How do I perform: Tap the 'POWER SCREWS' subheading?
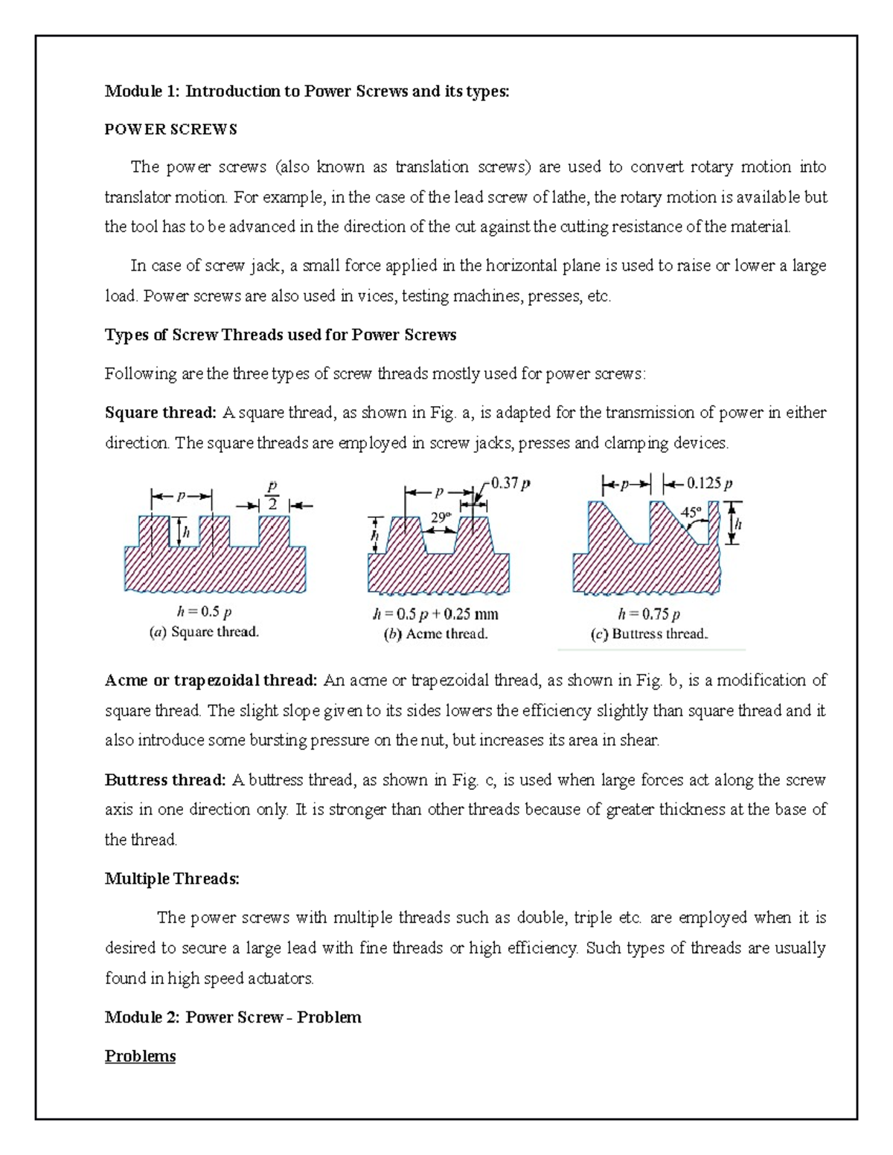[170, 129]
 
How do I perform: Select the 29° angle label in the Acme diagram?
[441, 517]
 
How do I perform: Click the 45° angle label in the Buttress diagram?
[691, 512]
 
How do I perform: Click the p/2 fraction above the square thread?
[272, 494]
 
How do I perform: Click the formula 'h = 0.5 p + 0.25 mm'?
[435, 614]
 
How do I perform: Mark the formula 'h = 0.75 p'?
[649, 614]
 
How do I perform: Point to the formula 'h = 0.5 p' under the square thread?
[204, 612]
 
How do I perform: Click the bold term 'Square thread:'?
[161, 413]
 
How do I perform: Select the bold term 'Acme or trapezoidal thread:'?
[211, 681]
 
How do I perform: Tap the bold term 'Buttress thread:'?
[165, 780]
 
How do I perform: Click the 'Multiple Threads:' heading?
[172, 879]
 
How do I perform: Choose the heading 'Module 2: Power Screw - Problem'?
[233, 1017]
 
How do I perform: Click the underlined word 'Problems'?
[140, 1057]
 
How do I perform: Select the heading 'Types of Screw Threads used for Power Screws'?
[281, 335]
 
